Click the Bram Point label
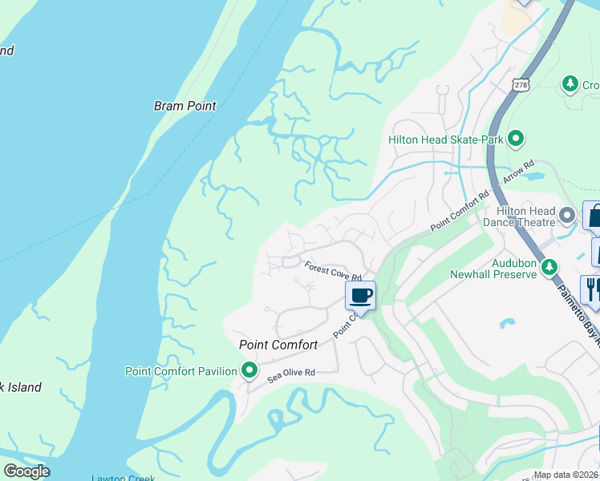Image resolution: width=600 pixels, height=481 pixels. (x=185, y=106)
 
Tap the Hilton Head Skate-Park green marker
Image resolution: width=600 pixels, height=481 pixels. (x=517, y=139)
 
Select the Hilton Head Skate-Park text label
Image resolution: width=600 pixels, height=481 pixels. (x=445, y=139)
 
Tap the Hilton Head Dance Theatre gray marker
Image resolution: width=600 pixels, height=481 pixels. (x=568, y=215)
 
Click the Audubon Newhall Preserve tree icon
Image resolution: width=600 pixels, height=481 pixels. (x=549, y=267)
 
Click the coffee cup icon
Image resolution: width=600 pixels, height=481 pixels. (x=360, y=295)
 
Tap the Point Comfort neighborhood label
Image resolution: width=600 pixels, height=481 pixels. (x=278, y=345)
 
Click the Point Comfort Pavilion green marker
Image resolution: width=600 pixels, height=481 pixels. (x=249, y=370)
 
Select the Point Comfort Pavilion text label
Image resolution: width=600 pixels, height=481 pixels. (x=181, y=371)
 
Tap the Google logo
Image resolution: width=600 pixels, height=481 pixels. (x=26, y=471)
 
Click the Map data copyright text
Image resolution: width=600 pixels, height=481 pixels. (x=566, y=475)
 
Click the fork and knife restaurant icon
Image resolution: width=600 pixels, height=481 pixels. (x=592, y=288)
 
